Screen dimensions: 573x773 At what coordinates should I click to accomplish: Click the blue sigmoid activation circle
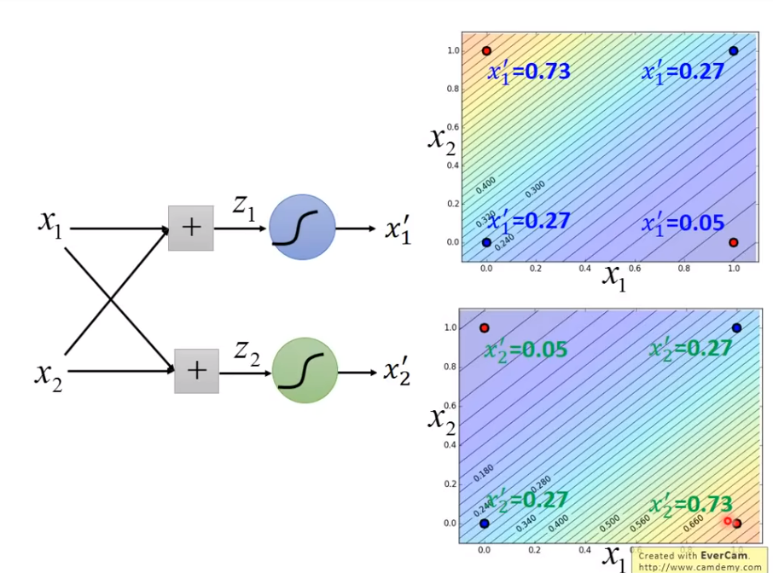tap(301, 228)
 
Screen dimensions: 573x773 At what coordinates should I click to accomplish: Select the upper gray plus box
tap(191, 228)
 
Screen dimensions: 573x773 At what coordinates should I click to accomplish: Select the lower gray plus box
tap(196, 370)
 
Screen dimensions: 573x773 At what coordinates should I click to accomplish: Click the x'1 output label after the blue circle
tap(398, 231)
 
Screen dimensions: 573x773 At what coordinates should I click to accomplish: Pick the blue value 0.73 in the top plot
tap(546, 72)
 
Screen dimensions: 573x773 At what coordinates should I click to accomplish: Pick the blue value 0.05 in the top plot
tap(701, 224)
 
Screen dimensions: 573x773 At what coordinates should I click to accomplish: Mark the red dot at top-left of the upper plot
tap(486, 51)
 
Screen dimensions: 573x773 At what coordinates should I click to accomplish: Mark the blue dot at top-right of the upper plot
tap(734, 51)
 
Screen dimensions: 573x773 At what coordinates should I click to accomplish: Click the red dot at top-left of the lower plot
tap(484, 328)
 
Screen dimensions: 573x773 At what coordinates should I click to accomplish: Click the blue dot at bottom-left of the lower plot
tap(484, 523)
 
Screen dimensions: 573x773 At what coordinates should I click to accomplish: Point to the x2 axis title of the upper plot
tap(440, 136)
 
